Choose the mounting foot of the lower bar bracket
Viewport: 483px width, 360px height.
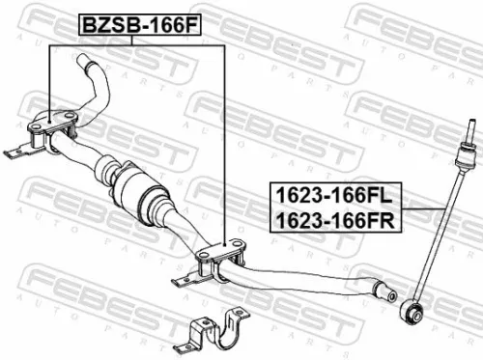(184, 281)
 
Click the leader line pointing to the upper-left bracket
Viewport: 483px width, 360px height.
(49, 77)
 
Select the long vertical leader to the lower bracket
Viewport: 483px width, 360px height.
(224, 145)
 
